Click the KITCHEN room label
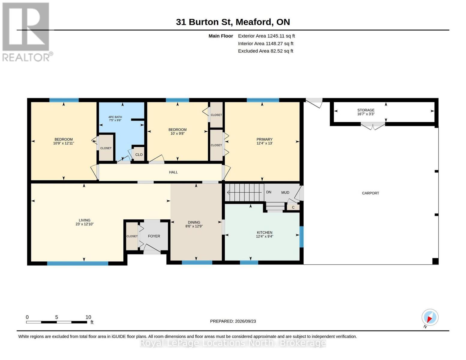(x=264, y=232)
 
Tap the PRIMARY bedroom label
(x=264, y=139)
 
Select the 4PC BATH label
(x=115, y=117)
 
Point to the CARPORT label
(x=370, y=193)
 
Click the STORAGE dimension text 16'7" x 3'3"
(x=366, y=114)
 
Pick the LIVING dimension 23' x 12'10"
(x=85, y=224)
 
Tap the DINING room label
(x=194, y=222)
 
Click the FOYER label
(x=154, y=236)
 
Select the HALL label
(x=173, y=172)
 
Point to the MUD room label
(x=285, y=193)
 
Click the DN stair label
(x=269, y=192)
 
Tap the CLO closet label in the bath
(x=139, y=154)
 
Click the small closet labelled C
(x=293, y=207)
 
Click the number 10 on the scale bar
(x=88, y=317)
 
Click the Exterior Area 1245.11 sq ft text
(x=266, y=36)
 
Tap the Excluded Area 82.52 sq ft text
(x=266, y=51)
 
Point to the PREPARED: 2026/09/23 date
(x=233, y=321)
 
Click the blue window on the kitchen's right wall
(x=302, y=237)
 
